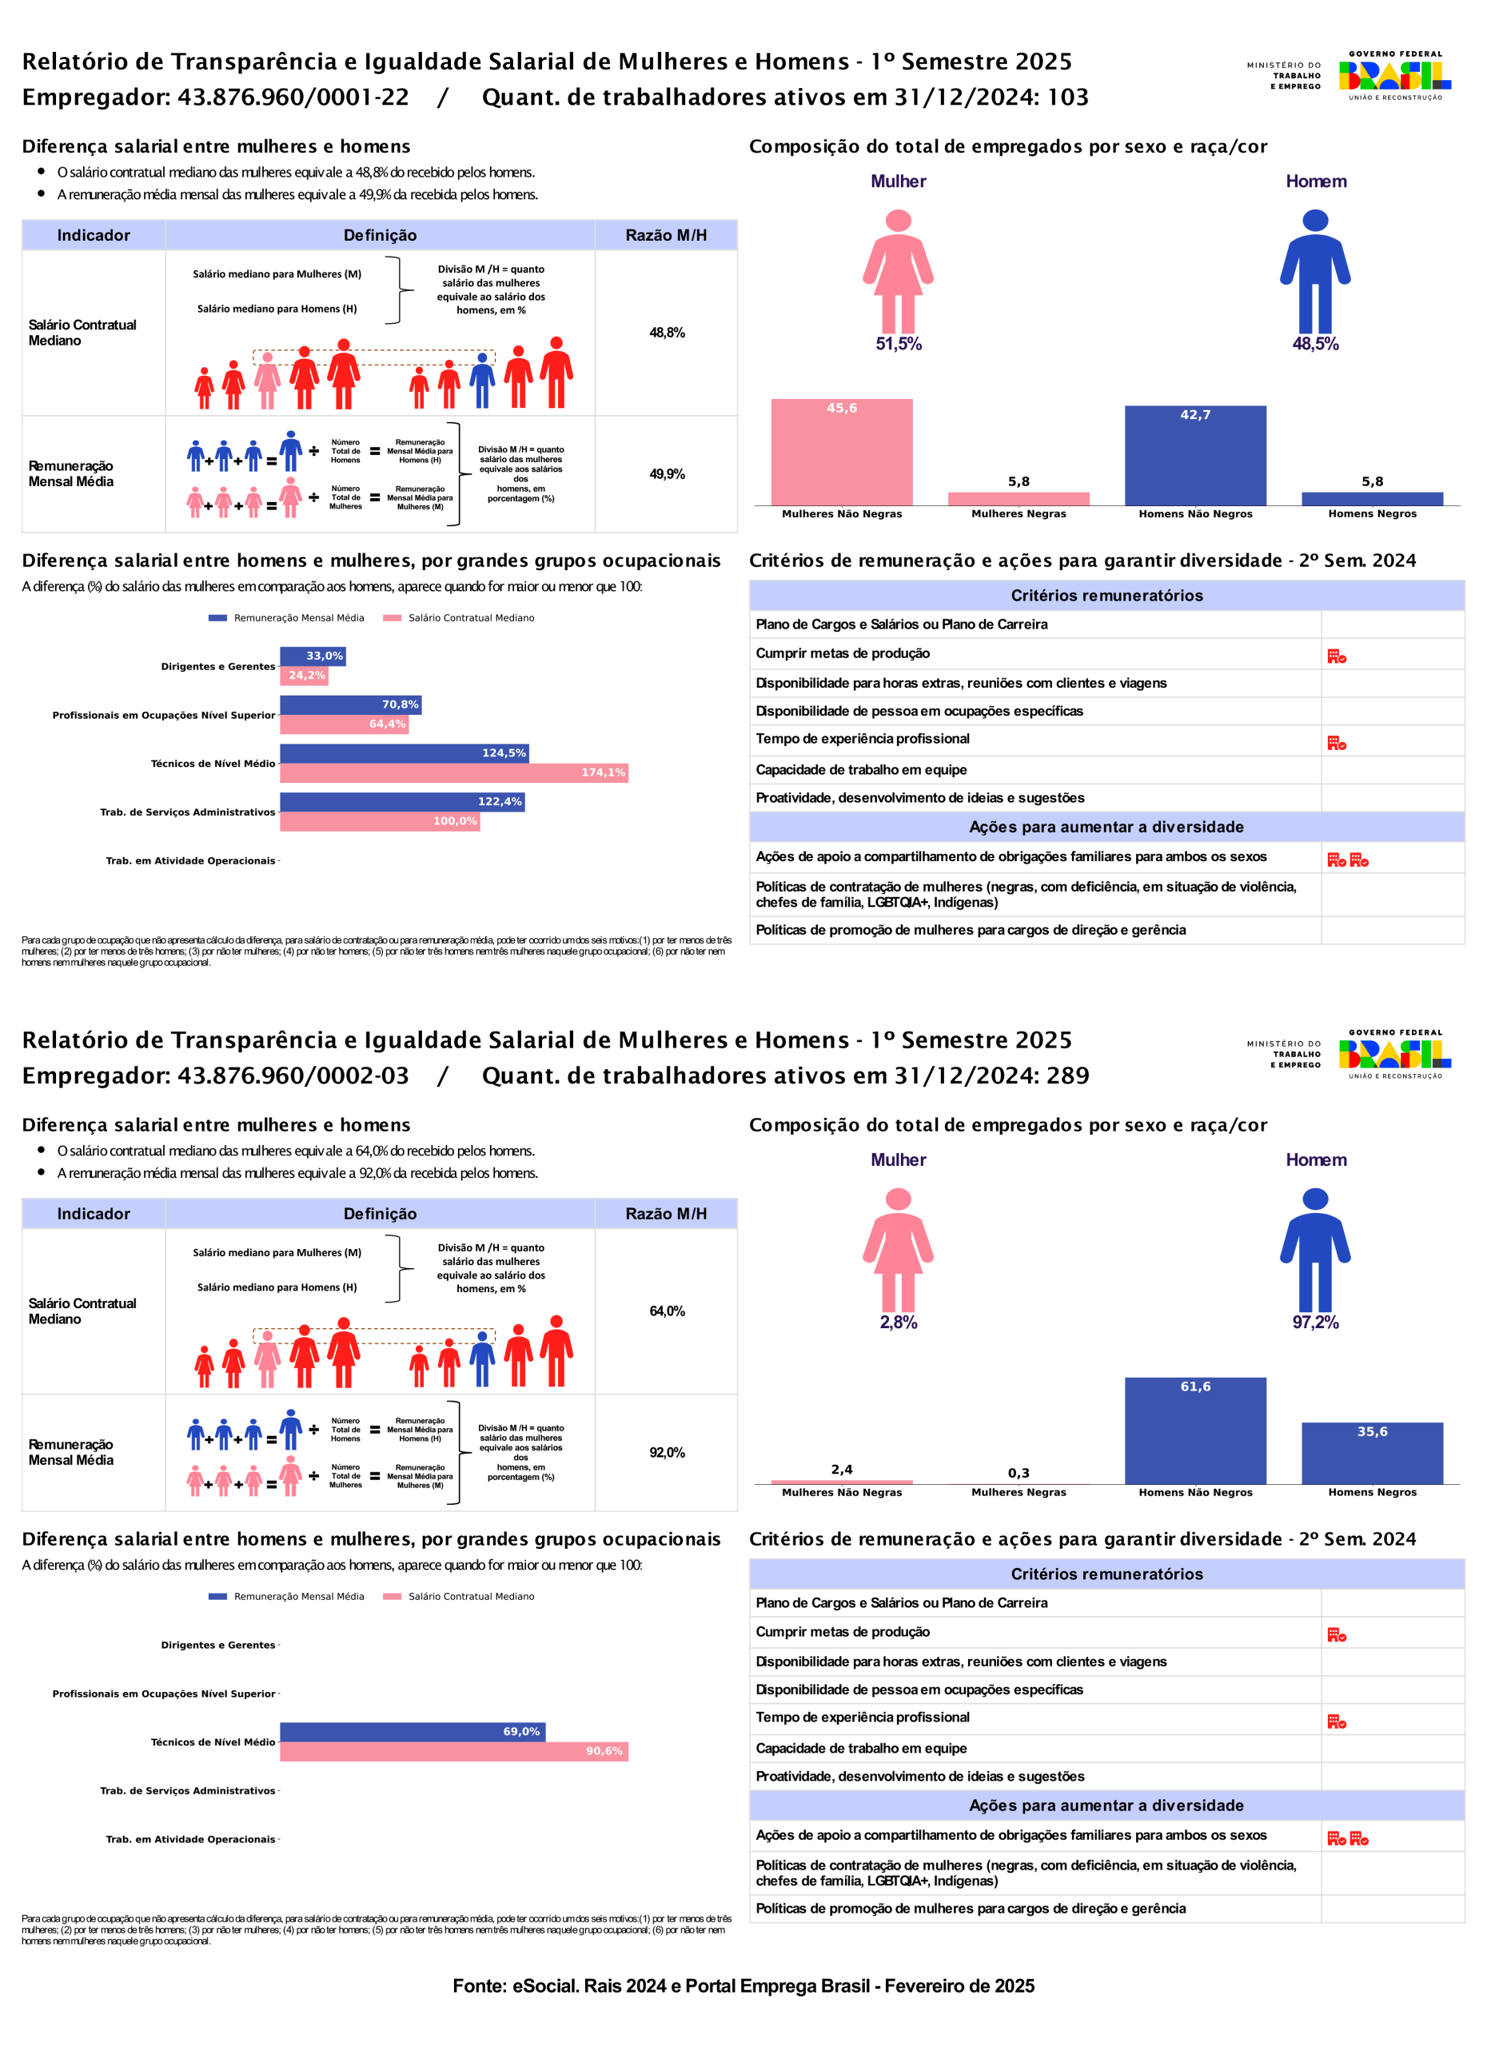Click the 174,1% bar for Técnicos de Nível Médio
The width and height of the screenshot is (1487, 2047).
454,772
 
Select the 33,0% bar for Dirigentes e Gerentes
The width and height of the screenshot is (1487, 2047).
313,656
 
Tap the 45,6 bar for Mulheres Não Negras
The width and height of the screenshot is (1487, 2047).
841,453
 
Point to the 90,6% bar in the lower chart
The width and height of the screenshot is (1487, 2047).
454,1751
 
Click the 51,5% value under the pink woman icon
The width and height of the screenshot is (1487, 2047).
898,344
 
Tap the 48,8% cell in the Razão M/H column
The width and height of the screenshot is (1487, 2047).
667,333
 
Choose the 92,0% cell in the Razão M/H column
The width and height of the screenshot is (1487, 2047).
667,1452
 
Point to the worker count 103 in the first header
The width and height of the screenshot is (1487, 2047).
1067,98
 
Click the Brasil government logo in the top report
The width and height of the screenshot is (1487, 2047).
1394,76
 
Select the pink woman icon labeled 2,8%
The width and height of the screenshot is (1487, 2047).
898,1249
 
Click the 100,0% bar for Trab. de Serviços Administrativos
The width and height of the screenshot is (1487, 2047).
379,821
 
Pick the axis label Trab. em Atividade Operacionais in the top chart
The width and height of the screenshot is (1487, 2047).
190,861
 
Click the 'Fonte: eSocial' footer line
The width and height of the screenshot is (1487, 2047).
743,1985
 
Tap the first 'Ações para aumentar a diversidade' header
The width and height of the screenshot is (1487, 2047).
1106,827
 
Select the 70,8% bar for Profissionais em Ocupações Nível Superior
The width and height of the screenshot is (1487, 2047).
350,705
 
